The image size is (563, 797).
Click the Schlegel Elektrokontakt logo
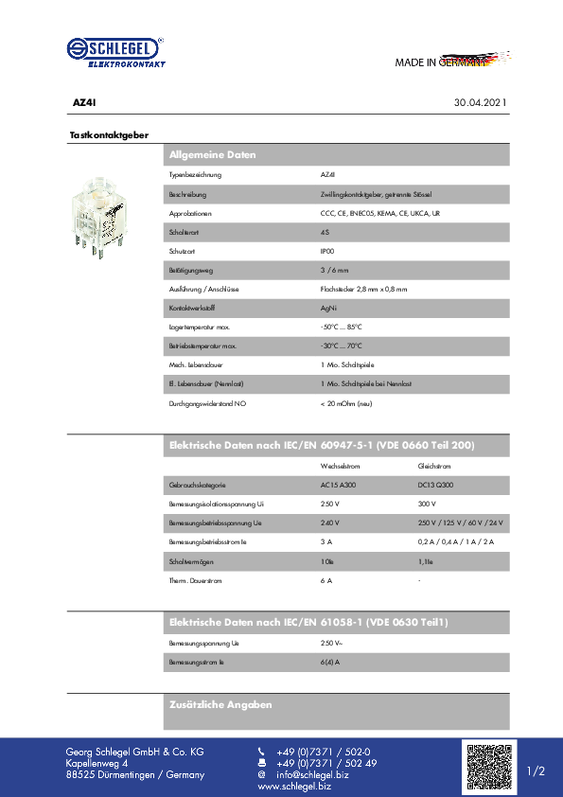point(115,52)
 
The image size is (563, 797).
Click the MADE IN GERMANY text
point(441,62)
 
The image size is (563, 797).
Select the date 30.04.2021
point(481,101)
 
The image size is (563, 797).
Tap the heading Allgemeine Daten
point(213,154)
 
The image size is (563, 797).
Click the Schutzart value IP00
point(327,251)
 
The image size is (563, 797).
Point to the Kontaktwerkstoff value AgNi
point(328,308)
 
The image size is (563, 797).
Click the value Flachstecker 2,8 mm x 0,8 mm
point(364,289)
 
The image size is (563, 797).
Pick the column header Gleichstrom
point(434,466)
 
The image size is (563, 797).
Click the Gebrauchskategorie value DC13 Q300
point(436,485)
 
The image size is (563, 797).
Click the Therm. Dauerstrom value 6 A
point(326,579)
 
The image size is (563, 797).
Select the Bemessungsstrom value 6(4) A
point(330,662)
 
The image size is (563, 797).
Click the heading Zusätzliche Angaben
point(220,704)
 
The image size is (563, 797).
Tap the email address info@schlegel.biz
point(311,774)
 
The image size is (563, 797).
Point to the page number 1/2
point(536,771)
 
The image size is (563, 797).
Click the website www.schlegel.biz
point(294,787)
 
